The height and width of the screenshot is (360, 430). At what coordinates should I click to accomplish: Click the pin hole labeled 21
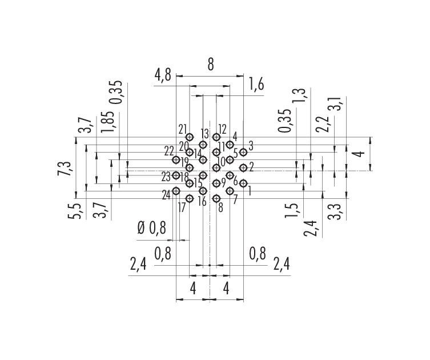tap(190, 137)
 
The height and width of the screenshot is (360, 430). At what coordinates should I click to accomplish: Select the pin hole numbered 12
tap(216, 137)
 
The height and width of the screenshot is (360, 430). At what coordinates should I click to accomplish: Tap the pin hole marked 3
tap(243, 152)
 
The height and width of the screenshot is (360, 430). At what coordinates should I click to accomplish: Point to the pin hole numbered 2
tap(243, 167)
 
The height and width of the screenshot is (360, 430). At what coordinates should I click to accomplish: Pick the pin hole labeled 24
tap(176, 190)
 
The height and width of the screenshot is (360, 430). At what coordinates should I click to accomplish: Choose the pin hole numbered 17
tap(190, 198)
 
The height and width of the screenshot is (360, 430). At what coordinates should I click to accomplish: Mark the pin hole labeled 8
tap(216, 198)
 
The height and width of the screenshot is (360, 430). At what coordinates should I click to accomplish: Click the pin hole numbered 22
tap(176, 159)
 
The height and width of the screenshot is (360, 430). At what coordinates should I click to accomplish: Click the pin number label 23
tap(166, 177)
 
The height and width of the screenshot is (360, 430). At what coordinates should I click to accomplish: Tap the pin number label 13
tap(204, 134)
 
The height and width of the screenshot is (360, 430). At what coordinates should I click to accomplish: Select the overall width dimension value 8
tap(210, 65)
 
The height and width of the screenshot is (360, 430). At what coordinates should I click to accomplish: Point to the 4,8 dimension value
tap(163, 75)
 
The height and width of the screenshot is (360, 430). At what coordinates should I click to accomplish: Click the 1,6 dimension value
tap(256, 84)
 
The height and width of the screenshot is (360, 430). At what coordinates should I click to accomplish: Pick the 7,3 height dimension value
tap(64, 169)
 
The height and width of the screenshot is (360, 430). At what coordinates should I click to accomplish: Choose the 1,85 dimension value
tap(107, 122)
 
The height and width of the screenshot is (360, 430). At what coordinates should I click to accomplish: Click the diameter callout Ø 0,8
tap(152, 228)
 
